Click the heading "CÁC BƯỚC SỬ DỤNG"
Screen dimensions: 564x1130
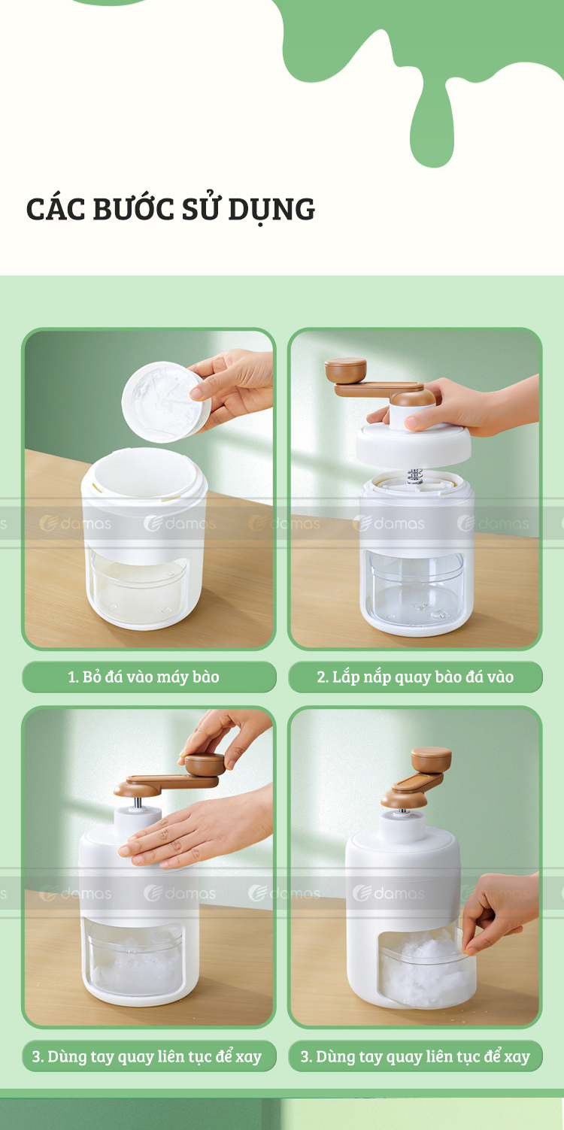[x=171, y=209]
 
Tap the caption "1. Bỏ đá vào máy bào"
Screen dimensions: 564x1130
[x=144, y=677]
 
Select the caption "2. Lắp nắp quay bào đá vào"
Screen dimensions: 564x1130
[x=415, y=677]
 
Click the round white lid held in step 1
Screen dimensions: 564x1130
[x=166, y=402]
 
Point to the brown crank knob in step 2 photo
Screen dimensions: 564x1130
[x=346, y=371]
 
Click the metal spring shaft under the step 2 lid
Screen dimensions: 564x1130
[x=414, y=476]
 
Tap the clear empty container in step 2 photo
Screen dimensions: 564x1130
[x=417, y=588]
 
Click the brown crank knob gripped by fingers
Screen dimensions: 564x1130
[x=205, y=765]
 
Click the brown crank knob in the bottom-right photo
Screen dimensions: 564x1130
[x=432, y=759]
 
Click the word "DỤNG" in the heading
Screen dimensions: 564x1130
[x=271, y=210]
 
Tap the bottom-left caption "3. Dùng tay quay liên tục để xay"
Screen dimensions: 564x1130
[x=147, y=1056]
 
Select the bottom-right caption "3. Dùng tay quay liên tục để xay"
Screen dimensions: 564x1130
[x=415, y=1056]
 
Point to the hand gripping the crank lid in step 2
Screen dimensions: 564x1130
[x=459, y=406]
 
